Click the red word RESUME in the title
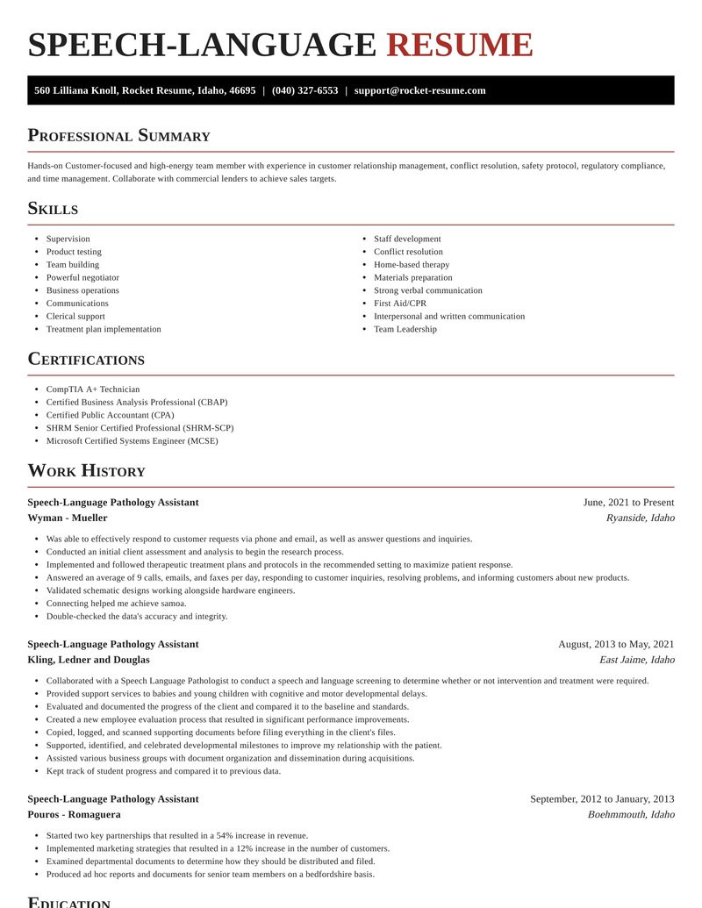pyautogui.click(x=459, y=45)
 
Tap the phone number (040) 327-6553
pyautogui.click(x=304, y=90)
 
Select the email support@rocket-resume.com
pyautogui.click(x=419, y=90)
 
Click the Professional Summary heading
pyautogui.click(x=118, y=136)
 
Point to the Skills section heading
pyautogui.click(x=53, y=209)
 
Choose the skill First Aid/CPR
pyautogui.click(x=400, y=304)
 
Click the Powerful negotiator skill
pyautogui.click(x=82, y=277)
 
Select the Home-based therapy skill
pyautogui.click(x=412, y=264)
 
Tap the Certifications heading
pyautogui.click(x=86, y=360)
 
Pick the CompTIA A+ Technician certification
pyautogui.click(x=93, y=389)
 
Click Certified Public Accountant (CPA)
pyautogui.click(x=110, y=415)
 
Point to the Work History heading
pyautogui.click(x=86, y=471)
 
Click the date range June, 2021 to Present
pyautogui.click(x=628, y=503)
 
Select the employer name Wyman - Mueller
pyautogui.click(x=68, y=518)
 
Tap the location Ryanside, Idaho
pyautogui.click(x=640, y=518)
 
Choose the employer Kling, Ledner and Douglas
pyautogui.click(x=88, y=660)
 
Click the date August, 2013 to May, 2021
pyautogui.click(x=616, y=644)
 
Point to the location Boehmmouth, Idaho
pyautogui.click(x=631, y=814)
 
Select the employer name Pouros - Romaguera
pyautogui.click(x=74, y=814)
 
